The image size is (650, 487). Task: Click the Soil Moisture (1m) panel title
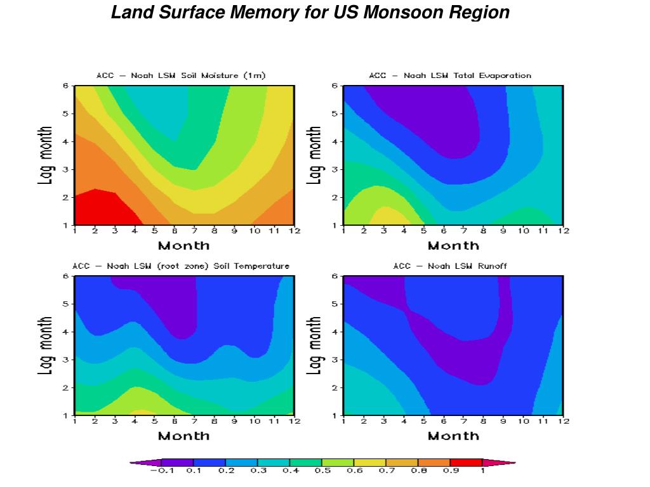coord(181,75)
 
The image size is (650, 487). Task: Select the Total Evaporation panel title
coord(450,75)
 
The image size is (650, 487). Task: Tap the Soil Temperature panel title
coord(181,266)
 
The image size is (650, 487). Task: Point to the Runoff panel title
coord(450,266)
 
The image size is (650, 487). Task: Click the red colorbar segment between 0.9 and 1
coord(465,463)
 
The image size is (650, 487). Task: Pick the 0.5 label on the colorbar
coord(322,471)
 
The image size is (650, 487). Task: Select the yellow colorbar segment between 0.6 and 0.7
coord(369,463)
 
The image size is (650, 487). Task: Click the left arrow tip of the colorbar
coord(132,463)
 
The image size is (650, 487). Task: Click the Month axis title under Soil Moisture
coord(183,245)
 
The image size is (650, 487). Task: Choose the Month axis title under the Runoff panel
coord(453,436)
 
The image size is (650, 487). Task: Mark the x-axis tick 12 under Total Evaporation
coord(563,231)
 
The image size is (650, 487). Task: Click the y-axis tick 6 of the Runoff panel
coord(335,276)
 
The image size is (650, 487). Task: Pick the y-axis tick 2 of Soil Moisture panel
coord(65,197)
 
